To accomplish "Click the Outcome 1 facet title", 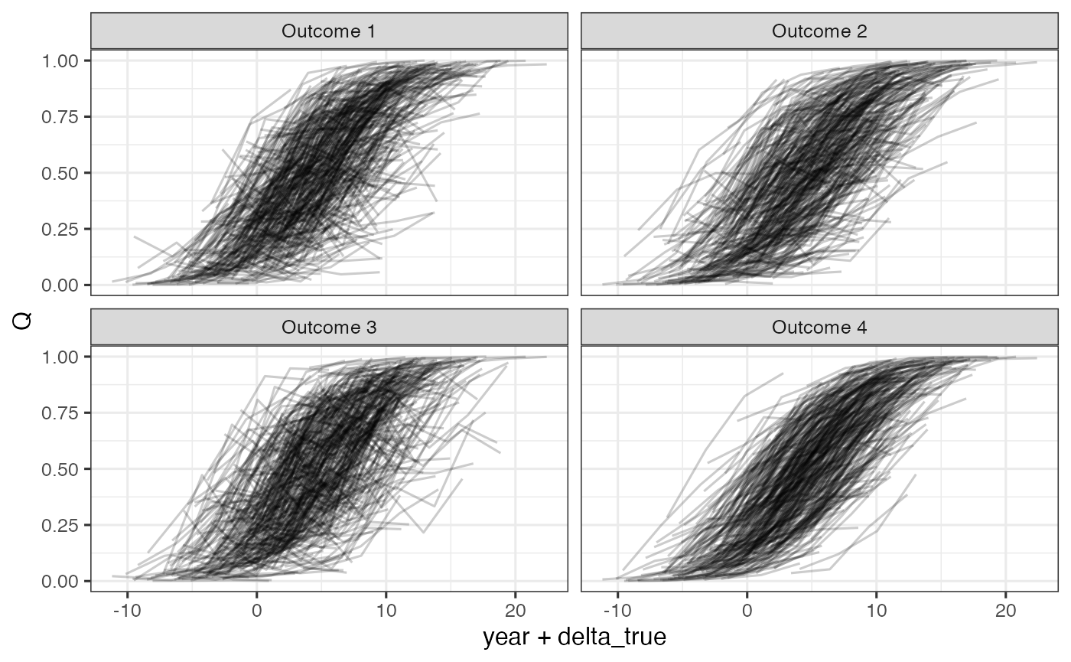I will point(329,31).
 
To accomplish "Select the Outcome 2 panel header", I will point(819,31).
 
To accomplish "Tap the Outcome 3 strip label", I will point(329,328).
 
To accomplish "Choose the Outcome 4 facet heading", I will point(819,328).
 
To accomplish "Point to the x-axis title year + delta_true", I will point(575,638).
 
